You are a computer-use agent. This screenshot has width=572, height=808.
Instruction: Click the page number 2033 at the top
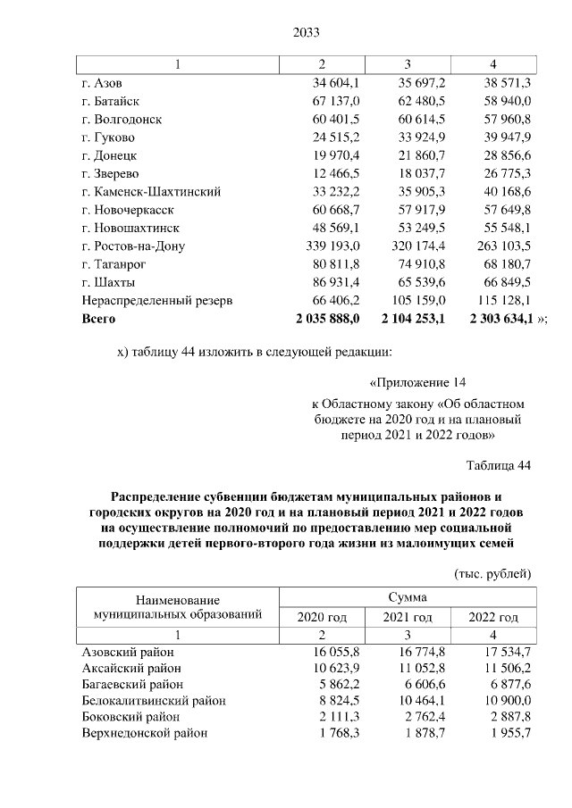306,33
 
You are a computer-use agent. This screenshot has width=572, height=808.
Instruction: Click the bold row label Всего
98,318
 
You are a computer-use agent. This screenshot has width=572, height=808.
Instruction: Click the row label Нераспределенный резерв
156,300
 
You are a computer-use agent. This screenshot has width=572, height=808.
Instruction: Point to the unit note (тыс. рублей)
492,572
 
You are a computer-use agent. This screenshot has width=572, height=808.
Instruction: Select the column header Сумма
407,596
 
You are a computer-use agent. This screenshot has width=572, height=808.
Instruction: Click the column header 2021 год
408,617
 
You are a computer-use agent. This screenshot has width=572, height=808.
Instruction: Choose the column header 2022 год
492,617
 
